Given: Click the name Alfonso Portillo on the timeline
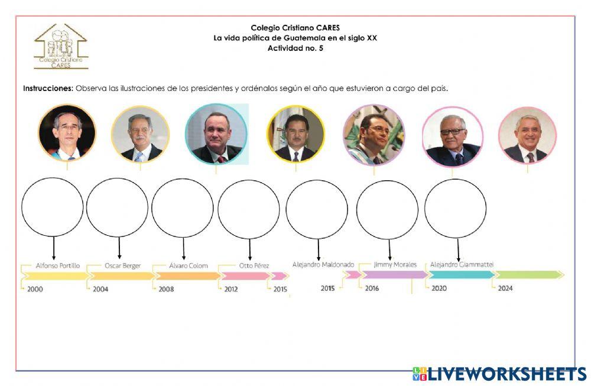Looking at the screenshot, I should (57, 266).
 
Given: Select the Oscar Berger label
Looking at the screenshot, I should (123, 266).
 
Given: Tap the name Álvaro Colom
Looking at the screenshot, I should (189, 266).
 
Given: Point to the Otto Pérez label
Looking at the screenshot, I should (254, 266).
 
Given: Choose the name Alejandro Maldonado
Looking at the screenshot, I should (323, 264).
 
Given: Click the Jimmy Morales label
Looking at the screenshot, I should (395, 264).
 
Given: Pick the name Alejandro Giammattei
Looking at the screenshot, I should (462, 264).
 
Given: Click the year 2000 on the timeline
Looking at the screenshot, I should (35, 289).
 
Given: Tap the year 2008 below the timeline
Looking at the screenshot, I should (166, 289).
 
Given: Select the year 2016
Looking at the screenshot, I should (372, 288).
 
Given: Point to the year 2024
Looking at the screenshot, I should (505, 288).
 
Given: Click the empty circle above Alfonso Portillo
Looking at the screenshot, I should (53, 207).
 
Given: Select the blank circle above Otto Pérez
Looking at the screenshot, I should (248, 209).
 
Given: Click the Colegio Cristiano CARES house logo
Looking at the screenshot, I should (60, 47).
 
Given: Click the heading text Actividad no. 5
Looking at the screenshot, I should (295, 48).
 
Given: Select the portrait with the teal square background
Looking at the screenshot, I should (216, 134).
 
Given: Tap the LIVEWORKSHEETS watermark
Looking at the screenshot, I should (499, 374).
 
